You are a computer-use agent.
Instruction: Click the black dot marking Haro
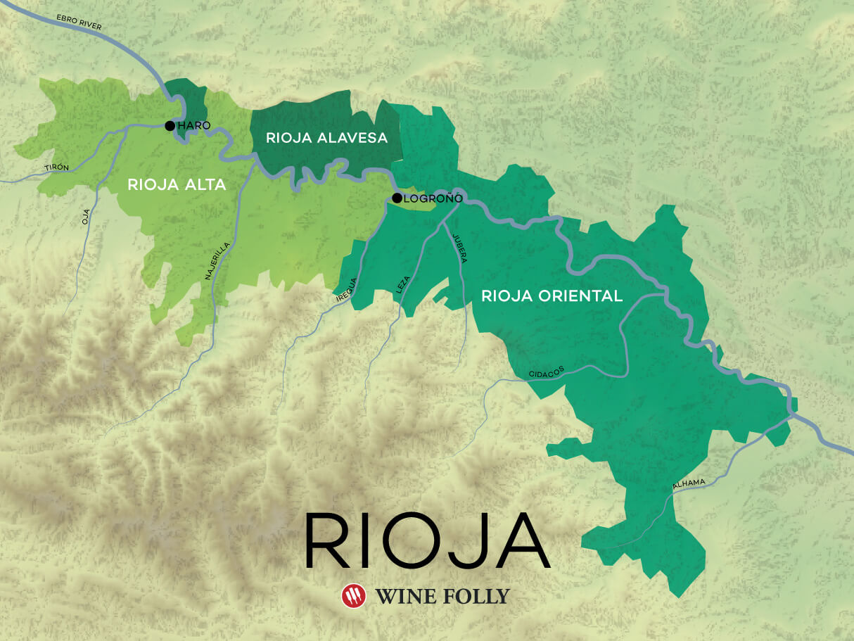point(170,126)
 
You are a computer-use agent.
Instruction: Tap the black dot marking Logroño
point(397,198)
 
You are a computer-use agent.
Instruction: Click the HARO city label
point(194,125)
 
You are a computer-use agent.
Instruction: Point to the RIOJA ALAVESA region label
point(326,138)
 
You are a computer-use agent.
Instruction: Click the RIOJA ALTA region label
point(177,184)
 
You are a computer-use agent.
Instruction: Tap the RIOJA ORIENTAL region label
point(552,296)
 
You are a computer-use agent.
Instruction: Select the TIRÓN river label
point(56,167)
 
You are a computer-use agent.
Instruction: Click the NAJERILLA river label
point(217,261)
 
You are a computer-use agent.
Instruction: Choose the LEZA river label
point(402,284)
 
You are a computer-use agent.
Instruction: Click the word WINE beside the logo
point(401,597)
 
